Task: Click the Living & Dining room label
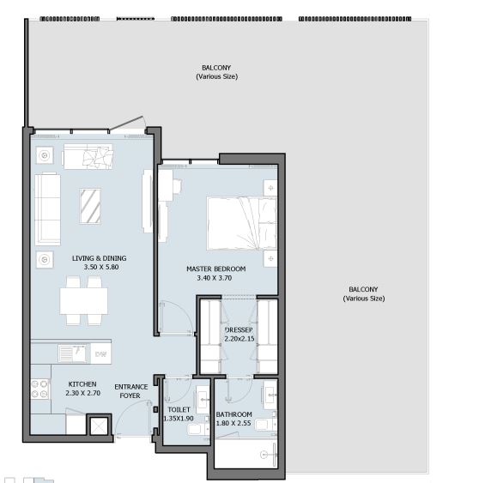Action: click(x=99, y=258)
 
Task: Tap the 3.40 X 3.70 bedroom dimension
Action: click(x=215, y=278)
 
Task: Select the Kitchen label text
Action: click(x=82, y=384)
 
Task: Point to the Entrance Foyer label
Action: click(x=131, y=391)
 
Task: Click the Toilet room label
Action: click(x=179, y=410)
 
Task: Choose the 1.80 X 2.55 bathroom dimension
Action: click(x=233, y=423)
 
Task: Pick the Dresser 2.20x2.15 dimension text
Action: click(x=240, y=339)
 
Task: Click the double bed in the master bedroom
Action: click(x=242, y=223)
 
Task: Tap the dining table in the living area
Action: click(x=84, y=300)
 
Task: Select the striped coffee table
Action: click(x=90, y=206)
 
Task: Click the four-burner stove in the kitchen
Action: click(x=40, y=389)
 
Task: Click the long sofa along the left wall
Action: click(x=47, y=209)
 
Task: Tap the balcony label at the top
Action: click(x=216, y=72)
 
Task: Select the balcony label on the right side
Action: click(x=364, y=294)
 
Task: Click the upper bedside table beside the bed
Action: click(x=270, y=188)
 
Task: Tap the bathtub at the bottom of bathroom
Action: click(x=246, y=454)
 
